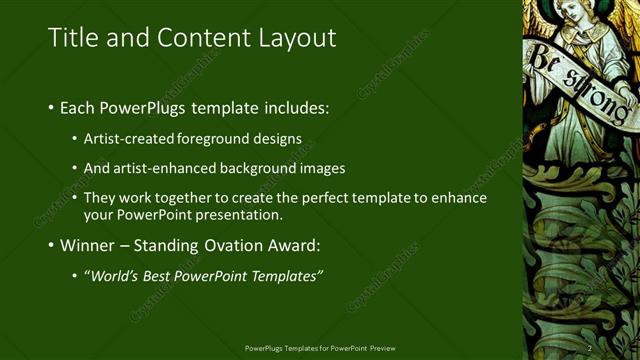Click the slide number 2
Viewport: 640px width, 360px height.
point(589,348)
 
